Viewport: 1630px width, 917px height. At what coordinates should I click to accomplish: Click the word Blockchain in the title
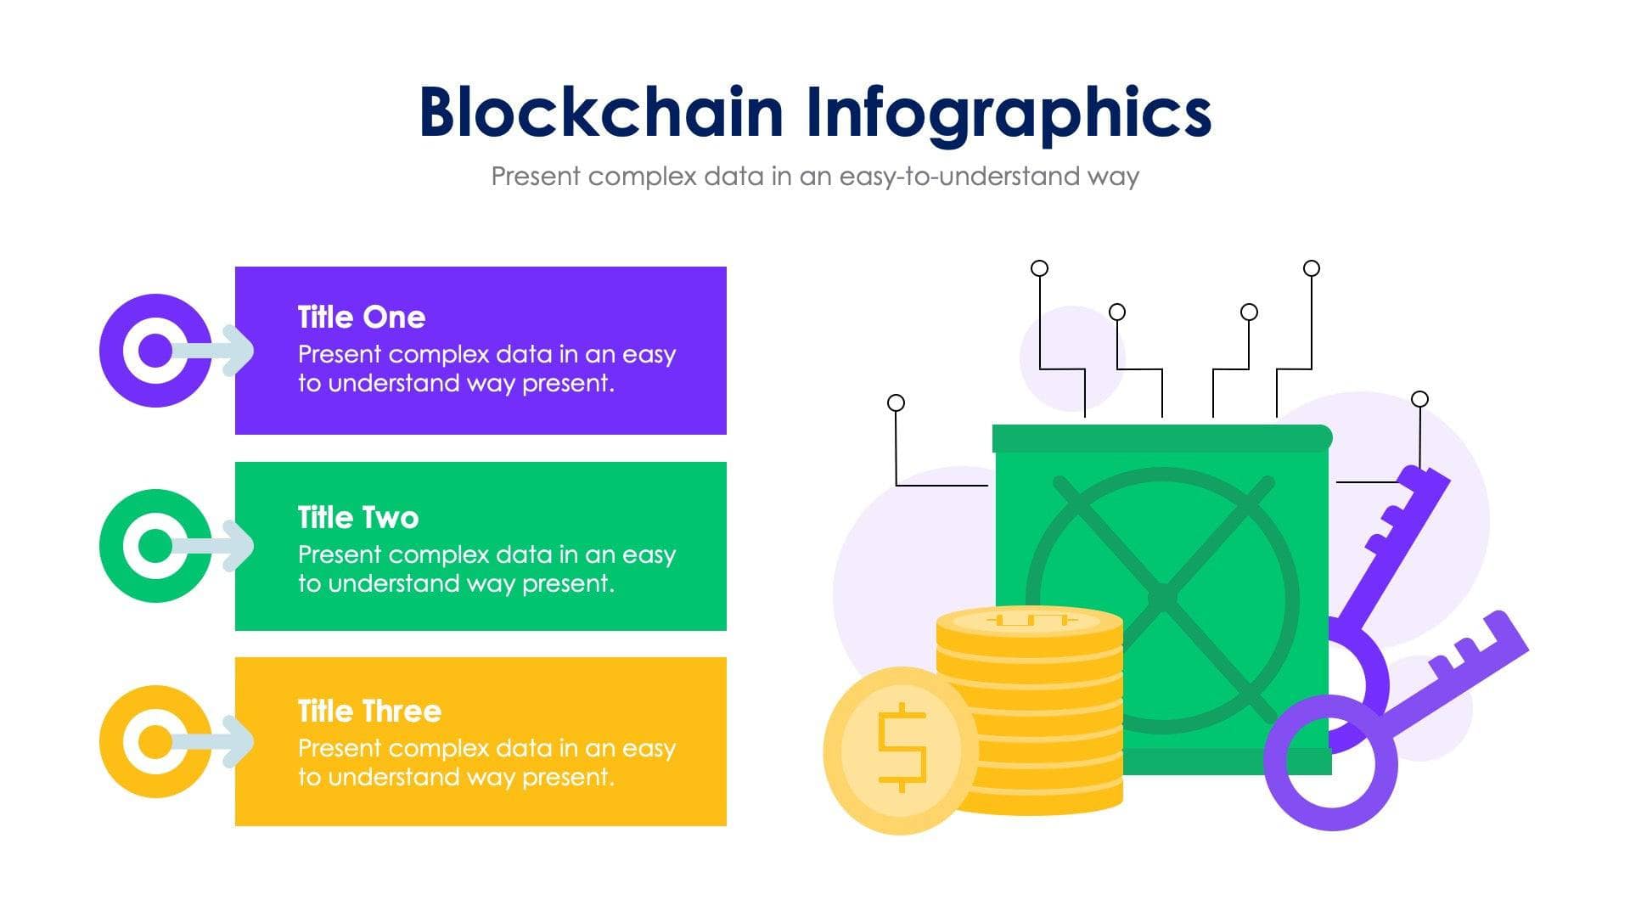[600, 113]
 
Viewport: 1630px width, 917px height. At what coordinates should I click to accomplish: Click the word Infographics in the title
[1008, 113]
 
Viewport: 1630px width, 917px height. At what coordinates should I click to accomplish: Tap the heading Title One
[361, 318]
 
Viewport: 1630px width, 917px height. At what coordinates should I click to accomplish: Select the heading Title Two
[357, 517]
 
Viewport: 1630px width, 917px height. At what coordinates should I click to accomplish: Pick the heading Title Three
[369, 711]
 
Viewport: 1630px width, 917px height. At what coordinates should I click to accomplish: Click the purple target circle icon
[154, 351]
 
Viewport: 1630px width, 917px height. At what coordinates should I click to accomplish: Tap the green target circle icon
[154, 546]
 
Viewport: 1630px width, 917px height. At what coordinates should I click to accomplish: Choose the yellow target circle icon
[154, 741]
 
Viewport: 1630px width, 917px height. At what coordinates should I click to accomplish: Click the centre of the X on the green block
[1162, 599]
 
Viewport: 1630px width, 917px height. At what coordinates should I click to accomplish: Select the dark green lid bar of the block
[1161, 439]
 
